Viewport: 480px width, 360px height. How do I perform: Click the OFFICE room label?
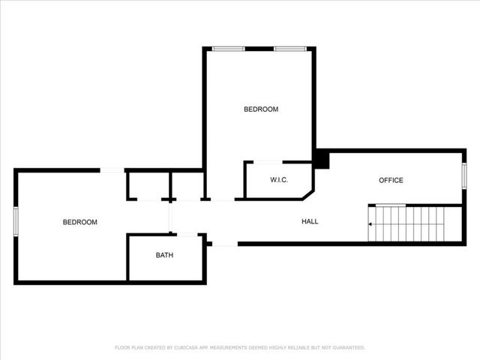(x=391, y=180)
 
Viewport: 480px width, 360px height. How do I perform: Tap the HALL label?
(x=310, y=221)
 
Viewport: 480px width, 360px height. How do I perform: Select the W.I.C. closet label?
(x=279, y=180)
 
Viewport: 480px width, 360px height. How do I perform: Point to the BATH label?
(x=164, y=255)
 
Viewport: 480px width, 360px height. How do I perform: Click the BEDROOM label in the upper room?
(x=261, y=109)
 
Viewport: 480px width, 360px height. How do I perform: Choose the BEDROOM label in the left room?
(x=79, y=222)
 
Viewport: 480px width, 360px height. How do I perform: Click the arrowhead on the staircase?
(x=370, y=223)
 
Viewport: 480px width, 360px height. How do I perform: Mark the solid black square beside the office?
(x=321, y=160)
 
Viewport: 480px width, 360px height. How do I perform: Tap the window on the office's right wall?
(x=464, y=176)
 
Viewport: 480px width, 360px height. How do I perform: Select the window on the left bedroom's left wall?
(x=16, y=221)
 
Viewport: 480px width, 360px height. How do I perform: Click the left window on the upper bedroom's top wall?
(x=228, y=49)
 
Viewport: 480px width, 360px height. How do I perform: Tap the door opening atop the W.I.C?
(x=268, y=162)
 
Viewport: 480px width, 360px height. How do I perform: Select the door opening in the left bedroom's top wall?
(x=112, y=170)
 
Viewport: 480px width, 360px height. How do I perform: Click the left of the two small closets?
(x=148, y=185)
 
